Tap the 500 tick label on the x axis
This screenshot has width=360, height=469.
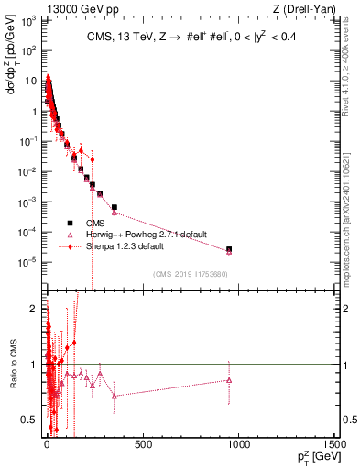(x=142, y=444)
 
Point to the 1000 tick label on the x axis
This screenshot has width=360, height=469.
(x=238, y=444)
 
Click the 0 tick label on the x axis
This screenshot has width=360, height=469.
(x=47, y=444)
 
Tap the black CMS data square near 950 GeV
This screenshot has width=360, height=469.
(x=229, y=249)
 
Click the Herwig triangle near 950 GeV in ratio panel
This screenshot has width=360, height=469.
(x=229, y=379)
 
